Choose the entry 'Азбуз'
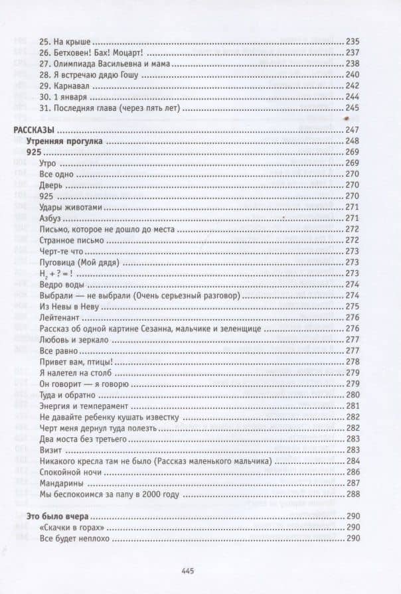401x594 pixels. (x=52, y=218)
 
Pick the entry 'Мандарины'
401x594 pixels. (x=60, y=483)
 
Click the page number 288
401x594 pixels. (x=352, y=494)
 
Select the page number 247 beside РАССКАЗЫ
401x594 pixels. (x=352, y=129)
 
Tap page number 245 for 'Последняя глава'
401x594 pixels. (x=352, y=108)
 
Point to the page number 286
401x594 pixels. (x=352, y=471)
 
